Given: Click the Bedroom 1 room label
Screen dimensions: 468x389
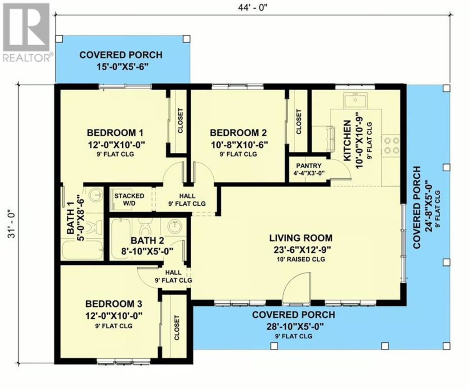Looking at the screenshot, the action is tap(115, 133).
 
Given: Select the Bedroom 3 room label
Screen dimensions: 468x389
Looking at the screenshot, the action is tap(114, 304).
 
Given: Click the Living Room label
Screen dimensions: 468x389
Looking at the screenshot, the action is tap(301, 238).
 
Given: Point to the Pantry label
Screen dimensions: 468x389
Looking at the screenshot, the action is tap(309, 166).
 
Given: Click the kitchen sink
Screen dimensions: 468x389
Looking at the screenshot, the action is tap(355, 100).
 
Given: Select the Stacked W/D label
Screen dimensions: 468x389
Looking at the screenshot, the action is tap(129, 199).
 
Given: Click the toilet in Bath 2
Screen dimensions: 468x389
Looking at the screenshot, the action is tap(145, 227).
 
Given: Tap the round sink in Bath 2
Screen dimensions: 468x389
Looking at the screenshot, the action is tap(175, 226).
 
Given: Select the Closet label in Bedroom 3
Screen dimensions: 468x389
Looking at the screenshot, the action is tap(177, 328).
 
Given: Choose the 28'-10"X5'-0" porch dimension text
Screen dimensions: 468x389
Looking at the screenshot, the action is tap(295, 326).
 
